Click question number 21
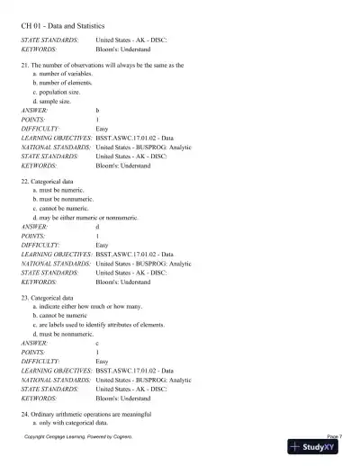point(25,66)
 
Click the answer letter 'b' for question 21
point(97,110)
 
